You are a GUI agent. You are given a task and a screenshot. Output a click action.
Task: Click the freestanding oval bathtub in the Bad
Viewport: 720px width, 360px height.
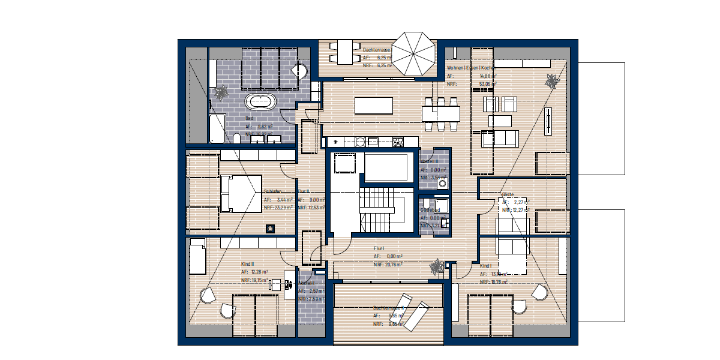click(260, 101)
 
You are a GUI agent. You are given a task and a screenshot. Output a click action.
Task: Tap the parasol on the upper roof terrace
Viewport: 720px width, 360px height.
click(415, 53)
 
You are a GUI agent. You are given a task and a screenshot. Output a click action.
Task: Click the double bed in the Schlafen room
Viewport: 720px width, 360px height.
click(241, 193)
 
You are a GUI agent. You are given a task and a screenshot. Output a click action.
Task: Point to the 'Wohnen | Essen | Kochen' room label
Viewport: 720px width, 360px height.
click(471, 68)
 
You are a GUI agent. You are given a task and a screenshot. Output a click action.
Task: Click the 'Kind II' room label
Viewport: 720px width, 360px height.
click(247, 264)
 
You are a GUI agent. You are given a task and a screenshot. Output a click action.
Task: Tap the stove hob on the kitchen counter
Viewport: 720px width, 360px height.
click(397, 142)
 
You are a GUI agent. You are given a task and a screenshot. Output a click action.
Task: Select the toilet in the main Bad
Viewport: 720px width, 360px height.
click(237, 139)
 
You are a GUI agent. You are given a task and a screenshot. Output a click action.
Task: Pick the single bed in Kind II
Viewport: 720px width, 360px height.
click(198, 256)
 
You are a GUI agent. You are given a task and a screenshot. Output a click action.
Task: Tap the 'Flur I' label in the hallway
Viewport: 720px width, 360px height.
click(379, 248)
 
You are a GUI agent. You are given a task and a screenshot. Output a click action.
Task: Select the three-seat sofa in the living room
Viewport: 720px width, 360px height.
click(499, 139)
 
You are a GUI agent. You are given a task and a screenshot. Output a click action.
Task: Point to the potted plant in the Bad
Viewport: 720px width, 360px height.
click(220, 92)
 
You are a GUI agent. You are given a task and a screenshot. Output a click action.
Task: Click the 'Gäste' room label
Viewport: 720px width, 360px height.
click(508, 194)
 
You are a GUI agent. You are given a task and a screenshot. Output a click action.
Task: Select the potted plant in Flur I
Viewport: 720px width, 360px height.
click(437, 267)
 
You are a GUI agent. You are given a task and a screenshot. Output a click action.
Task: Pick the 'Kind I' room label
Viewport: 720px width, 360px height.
click(486, 265)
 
